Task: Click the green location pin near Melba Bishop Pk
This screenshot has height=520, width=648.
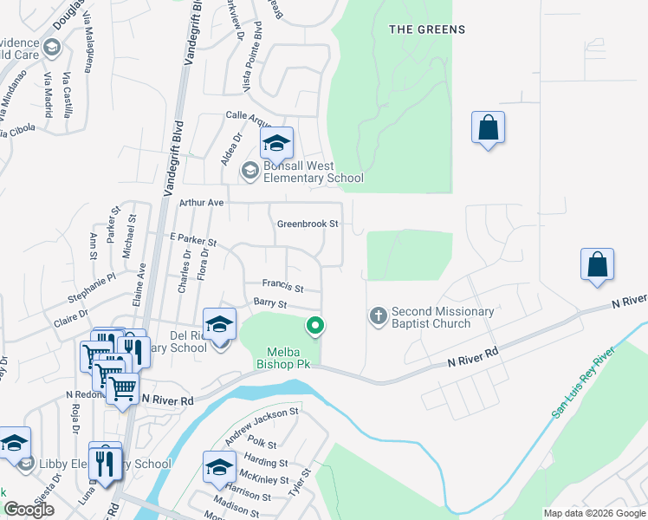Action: tap(316, 326)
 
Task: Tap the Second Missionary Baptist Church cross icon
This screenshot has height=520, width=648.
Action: tap(378, 316)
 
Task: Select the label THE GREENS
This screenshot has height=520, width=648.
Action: tap(427, 29)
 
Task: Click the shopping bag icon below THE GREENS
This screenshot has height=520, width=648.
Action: tap(488, 128)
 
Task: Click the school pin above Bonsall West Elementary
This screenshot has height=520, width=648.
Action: tap(276, 144)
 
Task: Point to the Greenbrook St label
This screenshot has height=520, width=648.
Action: tap(308, 224)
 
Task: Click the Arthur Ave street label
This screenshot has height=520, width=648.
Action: tap(201, 202)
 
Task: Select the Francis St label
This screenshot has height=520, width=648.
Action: tap(283, 286)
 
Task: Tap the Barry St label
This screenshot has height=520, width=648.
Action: tap(269, 303)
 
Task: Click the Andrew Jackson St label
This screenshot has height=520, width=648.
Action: tap(262, 422)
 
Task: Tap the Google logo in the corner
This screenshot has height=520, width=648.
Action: tap(29, 509)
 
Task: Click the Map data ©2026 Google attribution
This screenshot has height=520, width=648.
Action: tap(594, 513)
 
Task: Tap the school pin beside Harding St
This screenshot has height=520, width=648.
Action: tap(220, 468)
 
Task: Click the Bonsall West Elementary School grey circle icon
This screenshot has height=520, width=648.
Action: tap(249, 171)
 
